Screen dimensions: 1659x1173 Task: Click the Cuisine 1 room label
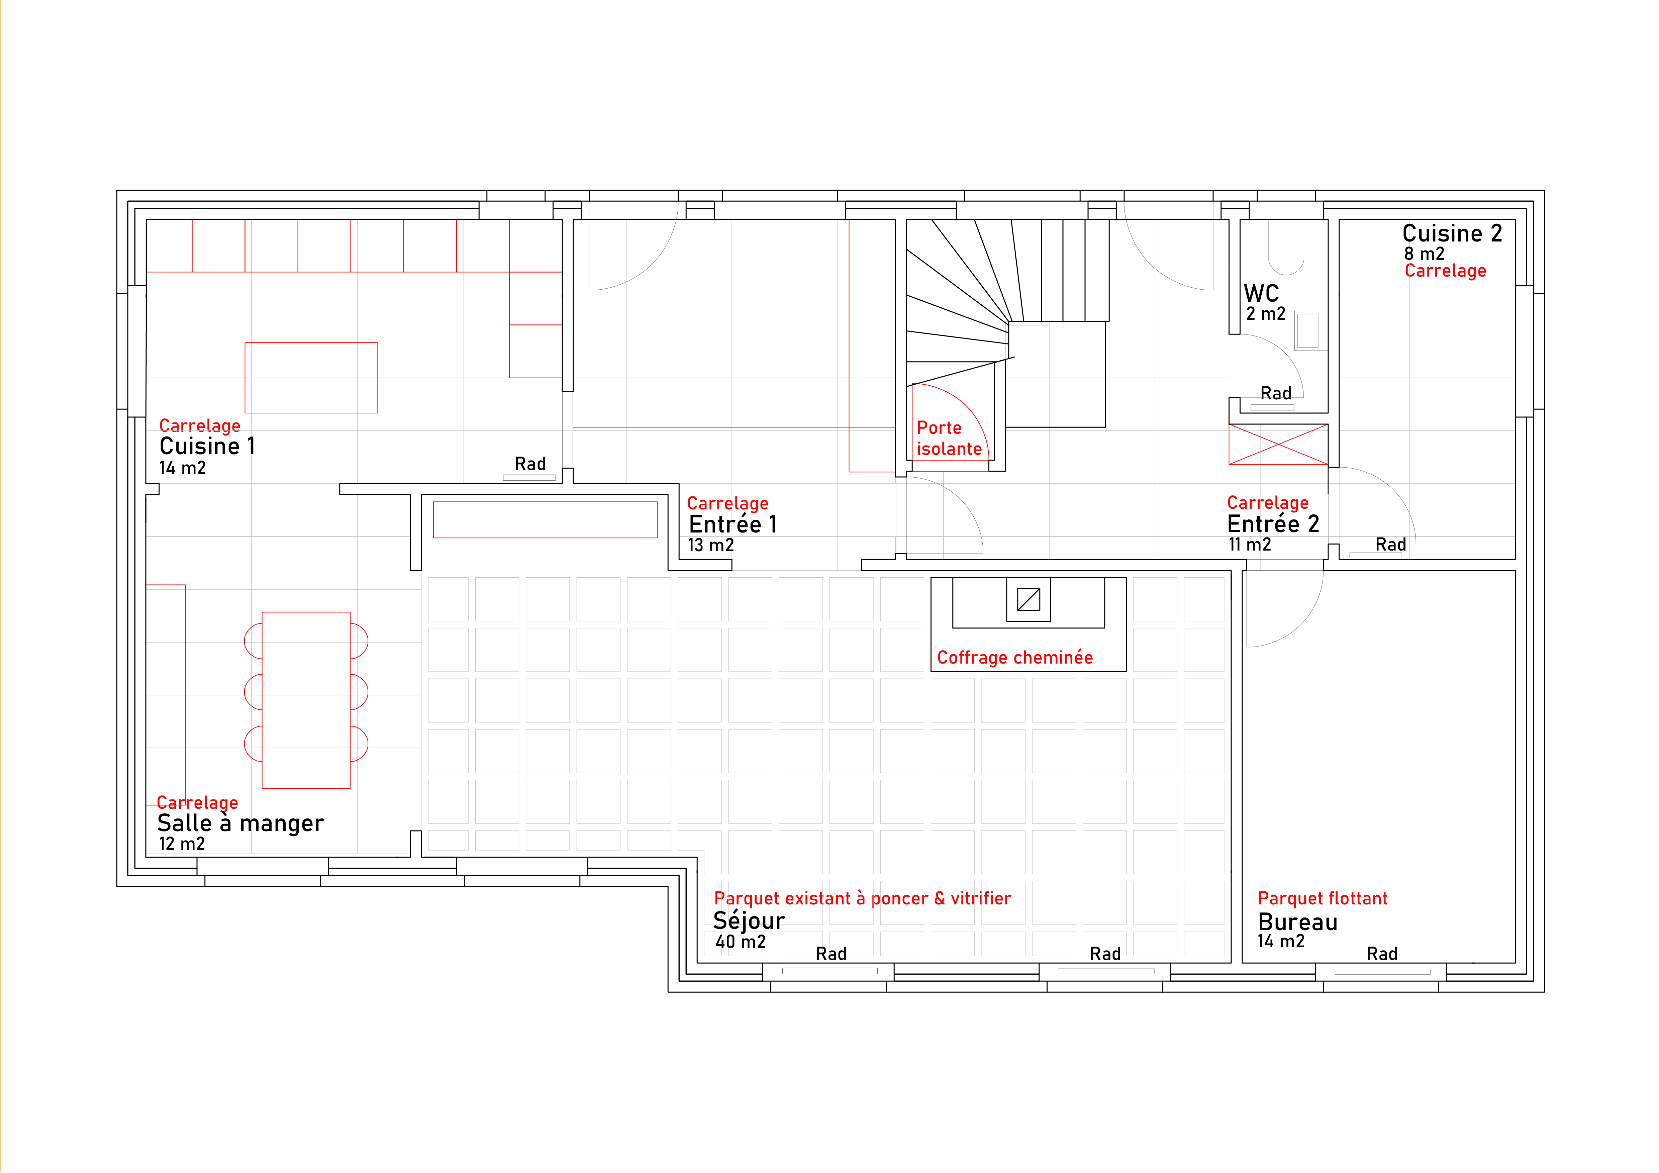tap(207, 447)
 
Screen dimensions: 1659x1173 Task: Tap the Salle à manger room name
tap(240, 823)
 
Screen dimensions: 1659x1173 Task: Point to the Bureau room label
tap(1298, 922)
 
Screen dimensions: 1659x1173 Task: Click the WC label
tap(1262, 293)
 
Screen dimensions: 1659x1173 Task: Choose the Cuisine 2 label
tap(1452, 233)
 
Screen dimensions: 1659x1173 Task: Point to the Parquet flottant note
tap(1322, 898)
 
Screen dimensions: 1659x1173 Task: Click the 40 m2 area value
tap(741, 942)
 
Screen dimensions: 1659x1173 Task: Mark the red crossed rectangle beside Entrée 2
tap(1278, 445)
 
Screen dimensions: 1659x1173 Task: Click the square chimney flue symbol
tap(1028, 599)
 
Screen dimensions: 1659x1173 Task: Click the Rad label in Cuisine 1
tap(529, 464)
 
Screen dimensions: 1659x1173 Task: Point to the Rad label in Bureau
tap(1381, 954)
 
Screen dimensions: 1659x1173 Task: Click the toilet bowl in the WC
tap(1286, 248)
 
